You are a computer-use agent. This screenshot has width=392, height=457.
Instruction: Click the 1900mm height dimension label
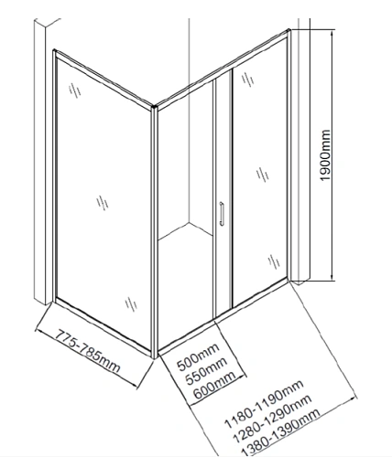click(325, 155)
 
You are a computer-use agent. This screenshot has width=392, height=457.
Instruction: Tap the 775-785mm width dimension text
click(88, 351)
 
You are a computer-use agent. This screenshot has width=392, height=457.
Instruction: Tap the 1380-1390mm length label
click(281, 433)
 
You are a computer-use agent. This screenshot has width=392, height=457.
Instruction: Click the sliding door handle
click(222, 214)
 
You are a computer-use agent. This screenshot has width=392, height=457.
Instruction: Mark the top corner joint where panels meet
click(154, 108)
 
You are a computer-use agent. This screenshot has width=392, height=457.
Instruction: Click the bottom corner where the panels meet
click(155, 356)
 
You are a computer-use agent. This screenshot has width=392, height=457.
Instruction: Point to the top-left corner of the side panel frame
click(54, 50)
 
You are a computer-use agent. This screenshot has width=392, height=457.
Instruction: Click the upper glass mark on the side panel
click(75, 90)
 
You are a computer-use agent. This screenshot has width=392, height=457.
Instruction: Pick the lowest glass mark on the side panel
click(131, 304)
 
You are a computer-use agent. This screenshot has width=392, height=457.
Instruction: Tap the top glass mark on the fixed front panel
click(248, 80)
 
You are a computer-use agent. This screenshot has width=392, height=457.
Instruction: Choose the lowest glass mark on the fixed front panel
click(274, 261)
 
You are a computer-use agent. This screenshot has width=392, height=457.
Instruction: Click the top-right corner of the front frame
click(289, 31)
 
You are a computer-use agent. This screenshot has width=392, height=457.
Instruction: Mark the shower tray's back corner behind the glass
click(189, 223)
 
